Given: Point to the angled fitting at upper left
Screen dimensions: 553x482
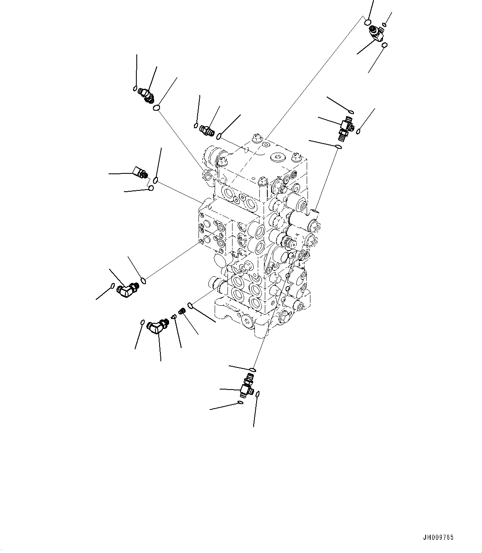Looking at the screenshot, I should (145, 95).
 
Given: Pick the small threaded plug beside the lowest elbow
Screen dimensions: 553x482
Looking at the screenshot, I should (181, 311).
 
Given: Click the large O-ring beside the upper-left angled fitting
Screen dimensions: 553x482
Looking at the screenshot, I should (157, 108).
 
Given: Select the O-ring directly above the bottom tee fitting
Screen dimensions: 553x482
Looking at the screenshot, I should (252, 369).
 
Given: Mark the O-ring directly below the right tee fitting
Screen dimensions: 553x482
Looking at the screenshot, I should (339, 146).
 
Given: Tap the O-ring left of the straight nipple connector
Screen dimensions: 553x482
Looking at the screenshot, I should (196, 125).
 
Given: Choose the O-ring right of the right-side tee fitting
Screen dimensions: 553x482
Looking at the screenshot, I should (359, 132).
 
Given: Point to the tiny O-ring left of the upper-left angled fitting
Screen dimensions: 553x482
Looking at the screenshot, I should (135, 88).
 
